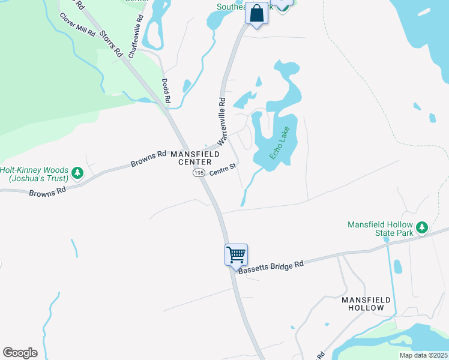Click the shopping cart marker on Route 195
236,254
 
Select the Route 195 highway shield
199,172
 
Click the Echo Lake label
280,143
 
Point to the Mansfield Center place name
191,158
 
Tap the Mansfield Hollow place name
366,304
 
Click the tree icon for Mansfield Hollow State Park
422,227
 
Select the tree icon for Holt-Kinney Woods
77,173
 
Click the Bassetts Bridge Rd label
271,266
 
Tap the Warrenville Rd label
221,121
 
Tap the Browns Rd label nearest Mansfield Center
148,159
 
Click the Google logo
20,353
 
